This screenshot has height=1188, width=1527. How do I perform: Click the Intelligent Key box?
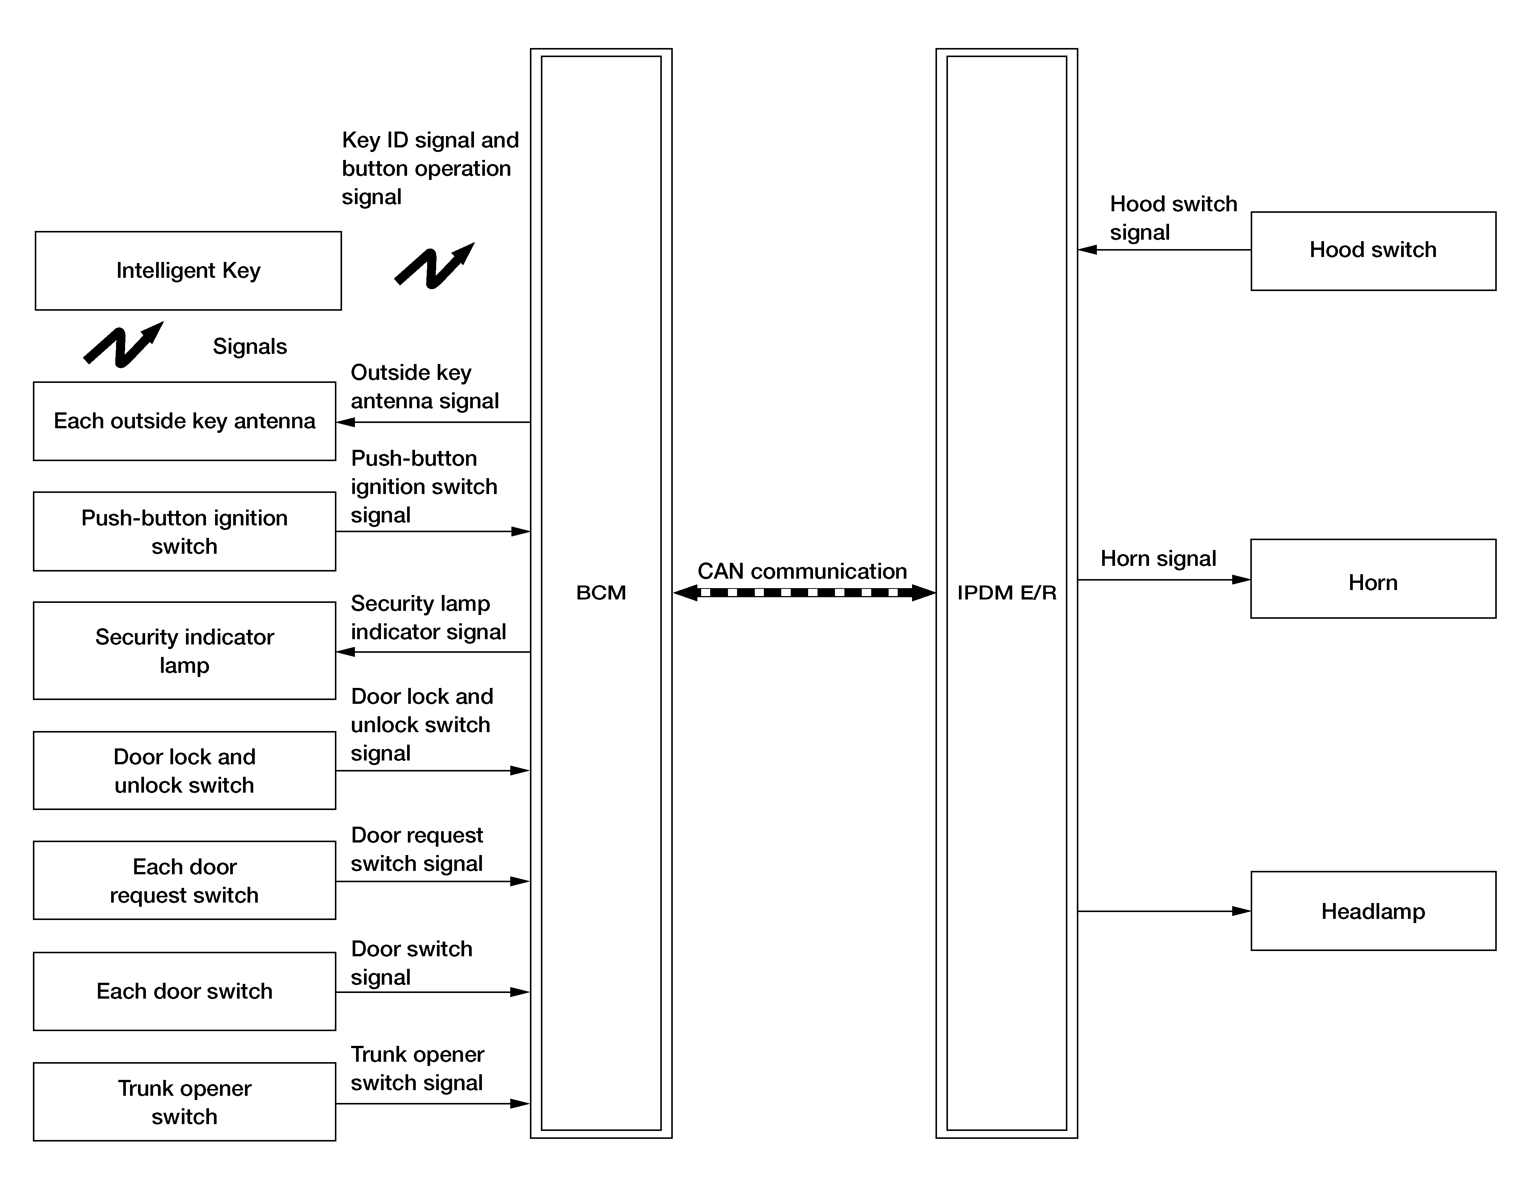188,271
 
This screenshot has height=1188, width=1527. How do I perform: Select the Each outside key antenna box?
184,421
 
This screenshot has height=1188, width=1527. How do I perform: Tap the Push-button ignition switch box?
184,531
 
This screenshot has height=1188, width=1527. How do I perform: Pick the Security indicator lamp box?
184,650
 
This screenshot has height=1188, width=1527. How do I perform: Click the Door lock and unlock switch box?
184,771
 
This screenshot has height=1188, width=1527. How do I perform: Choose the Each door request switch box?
184,880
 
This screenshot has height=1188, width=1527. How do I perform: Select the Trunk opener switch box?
184,1102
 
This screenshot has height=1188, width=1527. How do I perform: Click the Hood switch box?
1372,250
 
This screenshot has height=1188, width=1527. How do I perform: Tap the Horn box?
1372,579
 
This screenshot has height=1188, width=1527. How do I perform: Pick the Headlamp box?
1372,911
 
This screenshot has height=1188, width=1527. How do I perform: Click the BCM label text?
601,592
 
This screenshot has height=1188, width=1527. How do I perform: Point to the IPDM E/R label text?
1006,592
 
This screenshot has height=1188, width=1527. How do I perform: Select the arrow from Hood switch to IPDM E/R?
1164,249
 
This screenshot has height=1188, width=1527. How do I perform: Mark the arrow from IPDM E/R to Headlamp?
1164,911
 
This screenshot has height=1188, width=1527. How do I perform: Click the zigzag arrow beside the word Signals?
124,345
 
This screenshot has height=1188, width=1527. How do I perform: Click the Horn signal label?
1158,558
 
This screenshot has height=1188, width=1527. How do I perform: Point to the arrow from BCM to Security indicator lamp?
434,652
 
